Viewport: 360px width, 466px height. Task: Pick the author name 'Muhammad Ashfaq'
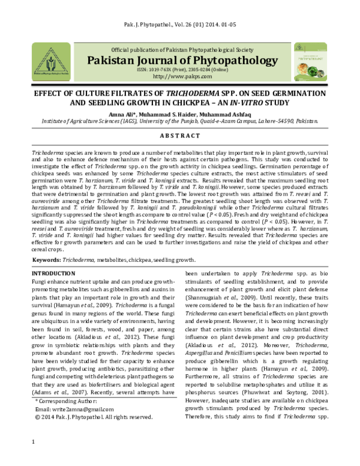coord(239,113)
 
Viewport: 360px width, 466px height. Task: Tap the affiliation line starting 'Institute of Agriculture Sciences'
coord(180,121)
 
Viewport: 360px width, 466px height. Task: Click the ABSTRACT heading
coord(180,136)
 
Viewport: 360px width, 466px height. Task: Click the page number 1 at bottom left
coord(32,459)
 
